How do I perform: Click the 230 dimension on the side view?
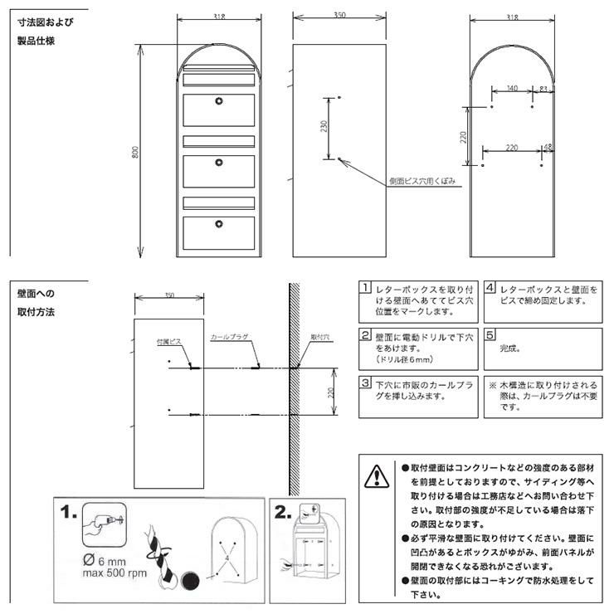(x=324, y=126)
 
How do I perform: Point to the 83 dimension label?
(x=543, y=88)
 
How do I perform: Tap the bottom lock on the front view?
(x=219, y=222)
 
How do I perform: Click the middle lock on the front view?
(x=219, y=162)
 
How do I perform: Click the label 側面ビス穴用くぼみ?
(x=421, y=180)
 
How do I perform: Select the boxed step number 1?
(x=364, y=288)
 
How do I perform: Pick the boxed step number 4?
(x=490, y=288)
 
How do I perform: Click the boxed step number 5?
(x=490, y=335)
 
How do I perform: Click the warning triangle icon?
(x=376, y=476)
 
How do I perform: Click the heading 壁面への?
(x=36, y=293)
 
